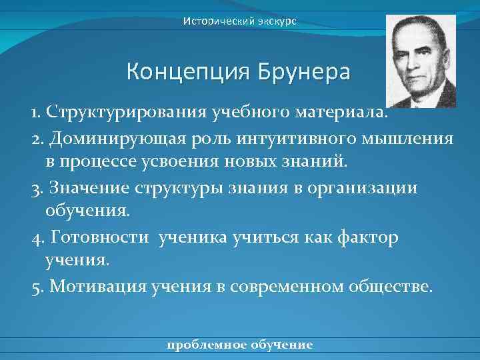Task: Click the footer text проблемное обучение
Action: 240,345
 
